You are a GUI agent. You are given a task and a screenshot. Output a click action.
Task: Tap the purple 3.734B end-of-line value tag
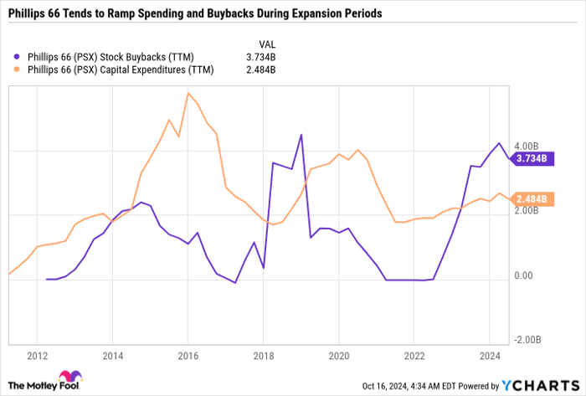click(530, 157)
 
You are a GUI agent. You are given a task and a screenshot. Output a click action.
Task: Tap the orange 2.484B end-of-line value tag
click(530, 198)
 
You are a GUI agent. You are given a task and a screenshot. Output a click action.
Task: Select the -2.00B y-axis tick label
click(529, 340)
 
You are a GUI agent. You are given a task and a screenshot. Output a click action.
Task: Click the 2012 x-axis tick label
click(36, 355)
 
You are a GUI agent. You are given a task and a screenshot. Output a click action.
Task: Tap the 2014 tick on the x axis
click(112, 355)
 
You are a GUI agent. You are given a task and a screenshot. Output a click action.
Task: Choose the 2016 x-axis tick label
click(188, 355)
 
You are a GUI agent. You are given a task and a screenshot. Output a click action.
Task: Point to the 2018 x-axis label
click(263, 355)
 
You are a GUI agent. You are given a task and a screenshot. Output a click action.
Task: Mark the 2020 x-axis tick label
click(338, 355)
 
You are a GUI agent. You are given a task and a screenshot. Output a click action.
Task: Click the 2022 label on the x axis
click(414, 355)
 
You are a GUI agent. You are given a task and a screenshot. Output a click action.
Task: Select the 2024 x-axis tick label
click(490, 355)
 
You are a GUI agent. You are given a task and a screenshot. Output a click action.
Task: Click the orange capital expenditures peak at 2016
click(188, 93)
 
